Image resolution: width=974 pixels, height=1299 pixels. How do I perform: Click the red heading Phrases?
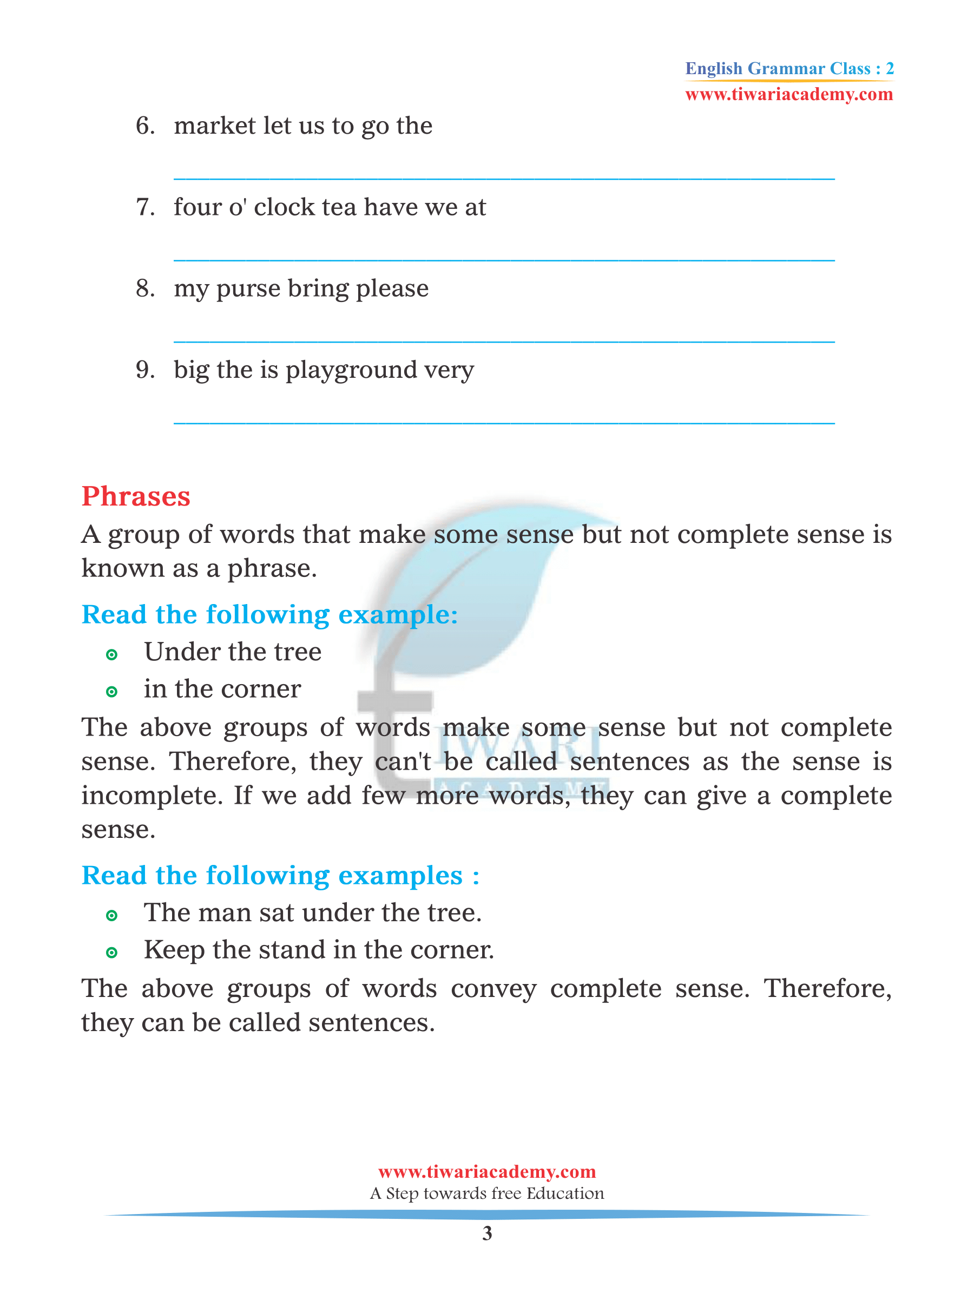(x=136, y=497)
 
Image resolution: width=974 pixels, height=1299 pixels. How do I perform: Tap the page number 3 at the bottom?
(x=486, y=1233)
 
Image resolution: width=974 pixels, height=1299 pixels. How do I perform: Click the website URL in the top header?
(x=788, y=95)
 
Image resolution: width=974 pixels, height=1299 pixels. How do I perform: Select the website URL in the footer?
(x=486, y=1172)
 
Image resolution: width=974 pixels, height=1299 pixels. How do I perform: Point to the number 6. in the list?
(x=145, y=126)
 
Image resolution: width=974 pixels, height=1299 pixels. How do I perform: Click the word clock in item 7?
(x=285, y=207)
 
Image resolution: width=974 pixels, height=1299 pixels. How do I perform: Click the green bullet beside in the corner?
(x=111, y=692)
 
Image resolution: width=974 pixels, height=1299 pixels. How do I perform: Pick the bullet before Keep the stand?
(x=111, y=953)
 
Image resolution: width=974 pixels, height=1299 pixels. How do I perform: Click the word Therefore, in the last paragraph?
(x=827, y=989)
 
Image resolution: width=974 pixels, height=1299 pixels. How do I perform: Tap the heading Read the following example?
(x=269, y=615)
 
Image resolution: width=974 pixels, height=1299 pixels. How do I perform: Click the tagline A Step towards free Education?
(x=486, y=1193)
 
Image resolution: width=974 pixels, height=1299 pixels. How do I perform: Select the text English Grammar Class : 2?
(x=789, y=69)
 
